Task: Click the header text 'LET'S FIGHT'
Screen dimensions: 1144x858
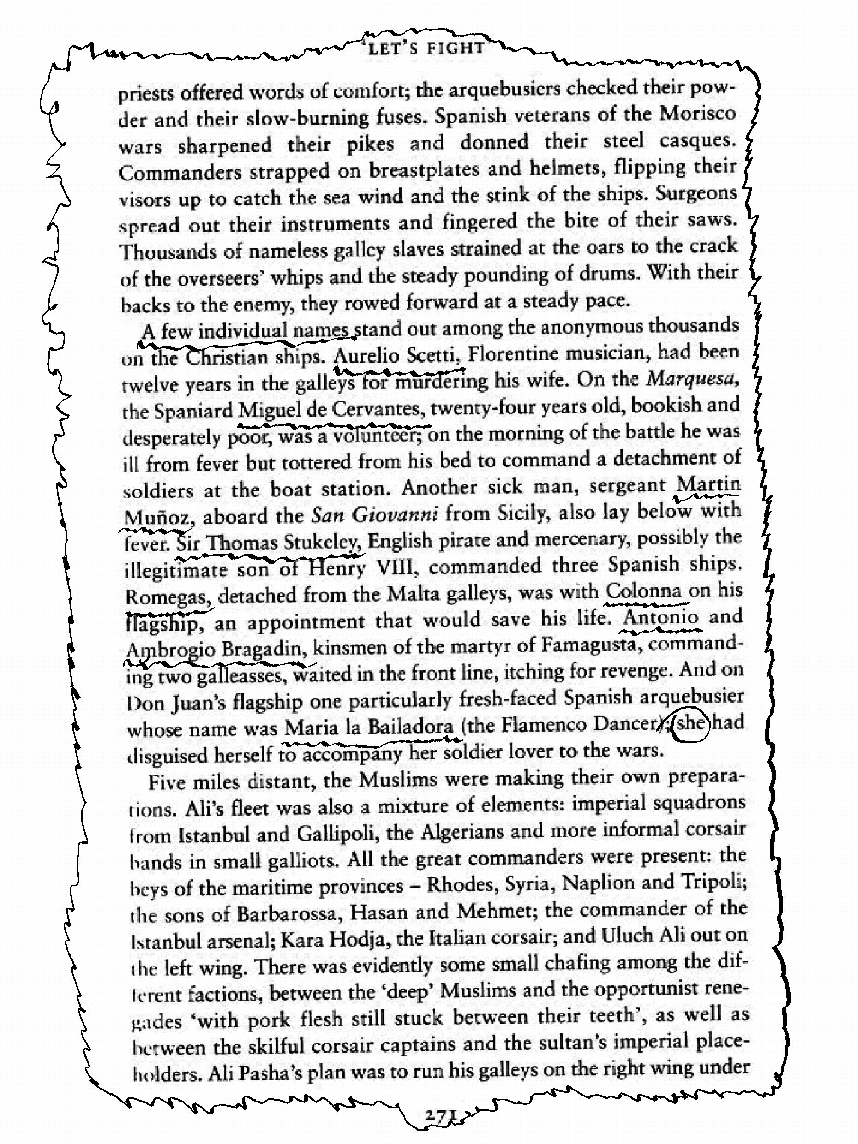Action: coord(427,48)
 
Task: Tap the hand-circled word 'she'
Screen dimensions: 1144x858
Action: coord(691,722)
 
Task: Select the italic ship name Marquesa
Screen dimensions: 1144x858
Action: coord(692,380)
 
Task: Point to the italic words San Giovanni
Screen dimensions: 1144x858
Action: coord(375,515)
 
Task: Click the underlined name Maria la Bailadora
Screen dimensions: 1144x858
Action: coord(369,727)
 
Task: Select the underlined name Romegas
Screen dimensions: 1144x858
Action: coord(168,597)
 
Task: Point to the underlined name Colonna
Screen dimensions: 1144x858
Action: coord(644,590)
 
